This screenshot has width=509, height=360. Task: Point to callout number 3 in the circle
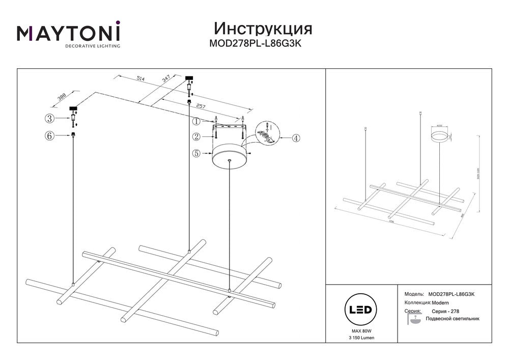pyautogui.click(x=49, y=119)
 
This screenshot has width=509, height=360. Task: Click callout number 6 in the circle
pyautogui.click(x=49, y=135)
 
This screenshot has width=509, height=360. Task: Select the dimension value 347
pyautogui.click(x=166, y=79)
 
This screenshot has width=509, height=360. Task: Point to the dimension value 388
pyautogui.click(x=63, y=97)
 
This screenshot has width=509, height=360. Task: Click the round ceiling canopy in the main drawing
pyautogui.click(x=229, y=155)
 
